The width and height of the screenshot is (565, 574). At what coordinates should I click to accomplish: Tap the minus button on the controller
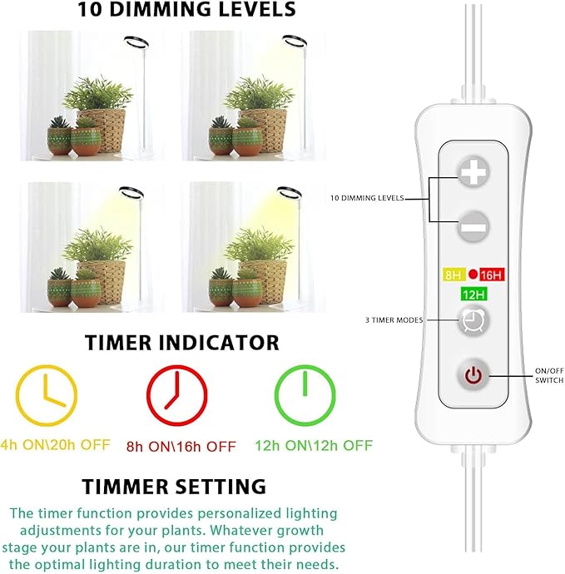[x=473, y=226]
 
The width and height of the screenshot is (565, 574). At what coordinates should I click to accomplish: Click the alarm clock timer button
[x=473, y=320]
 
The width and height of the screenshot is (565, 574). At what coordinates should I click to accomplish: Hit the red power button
[x=473, y=375]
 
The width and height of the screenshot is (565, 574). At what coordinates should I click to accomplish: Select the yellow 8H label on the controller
[x=453, y=275]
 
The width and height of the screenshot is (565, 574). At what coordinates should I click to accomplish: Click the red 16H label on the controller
[x=492, y=275]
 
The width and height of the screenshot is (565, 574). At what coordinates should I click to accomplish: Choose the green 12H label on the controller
[x=473, y=294]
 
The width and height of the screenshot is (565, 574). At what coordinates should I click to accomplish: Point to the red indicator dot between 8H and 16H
[x=473, y=275]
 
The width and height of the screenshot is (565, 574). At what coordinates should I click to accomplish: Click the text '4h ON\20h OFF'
[x=55, y=445]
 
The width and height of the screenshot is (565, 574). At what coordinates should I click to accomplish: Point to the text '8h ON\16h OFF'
[x=181, y=447]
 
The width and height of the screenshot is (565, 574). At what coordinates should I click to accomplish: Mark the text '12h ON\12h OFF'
[x=314, y=446]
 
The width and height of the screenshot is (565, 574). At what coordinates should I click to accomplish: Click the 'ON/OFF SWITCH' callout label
[x=549, y=375]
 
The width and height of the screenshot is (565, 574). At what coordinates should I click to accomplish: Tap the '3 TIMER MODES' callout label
[x=394, y=320]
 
